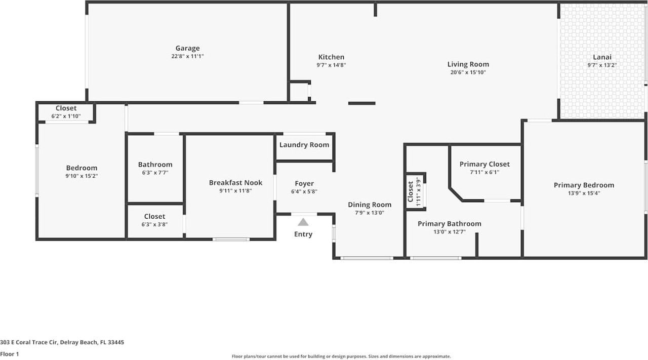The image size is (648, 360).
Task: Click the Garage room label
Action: [x=187, y=49]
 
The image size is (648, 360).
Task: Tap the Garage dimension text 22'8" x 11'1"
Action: [x=187, y=57]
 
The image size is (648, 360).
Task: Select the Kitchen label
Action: [x=331, y=57]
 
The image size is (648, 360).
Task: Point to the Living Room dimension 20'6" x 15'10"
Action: [x=468, y=72]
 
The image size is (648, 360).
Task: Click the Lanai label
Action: [x=602, y=57]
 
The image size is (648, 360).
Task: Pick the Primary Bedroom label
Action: [x=584, y=185]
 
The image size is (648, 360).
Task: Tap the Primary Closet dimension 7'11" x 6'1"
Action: [x=484, y=172]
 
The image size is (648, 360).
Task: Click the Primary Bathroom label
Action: [x=449, y=224]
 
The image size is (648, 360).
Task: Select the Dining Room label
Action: [x=370, y=205]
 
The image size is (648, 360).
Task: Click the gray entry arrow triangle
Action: [x=303, y=222]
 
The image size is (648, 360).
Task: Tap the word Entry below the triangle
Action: [x=303, y=234]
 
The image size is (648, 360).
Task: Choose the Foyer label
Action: [x=304, y=184]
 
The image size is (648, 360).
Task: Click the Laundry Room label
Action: [x=304, y=145]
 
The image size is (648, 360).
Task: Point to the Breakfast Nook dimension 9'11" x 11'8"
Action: [x=235, y=191]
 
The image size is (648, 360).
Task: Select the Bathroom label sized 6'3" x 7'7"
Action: [x=155, y=165]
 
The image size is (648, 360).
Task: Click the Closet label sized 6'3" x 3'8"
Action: [x=154, y=217]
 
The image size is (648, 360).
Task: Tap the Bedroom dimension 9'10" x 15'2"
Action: [x=82, y=176]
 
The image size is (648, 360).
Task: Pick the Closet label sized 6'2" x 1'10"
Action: [x=66, y=108]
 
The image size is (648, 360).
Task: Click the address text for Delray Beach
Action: [x=62, y=342]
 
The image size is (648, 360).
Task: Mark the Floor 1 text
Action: [x=9, y=354]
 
